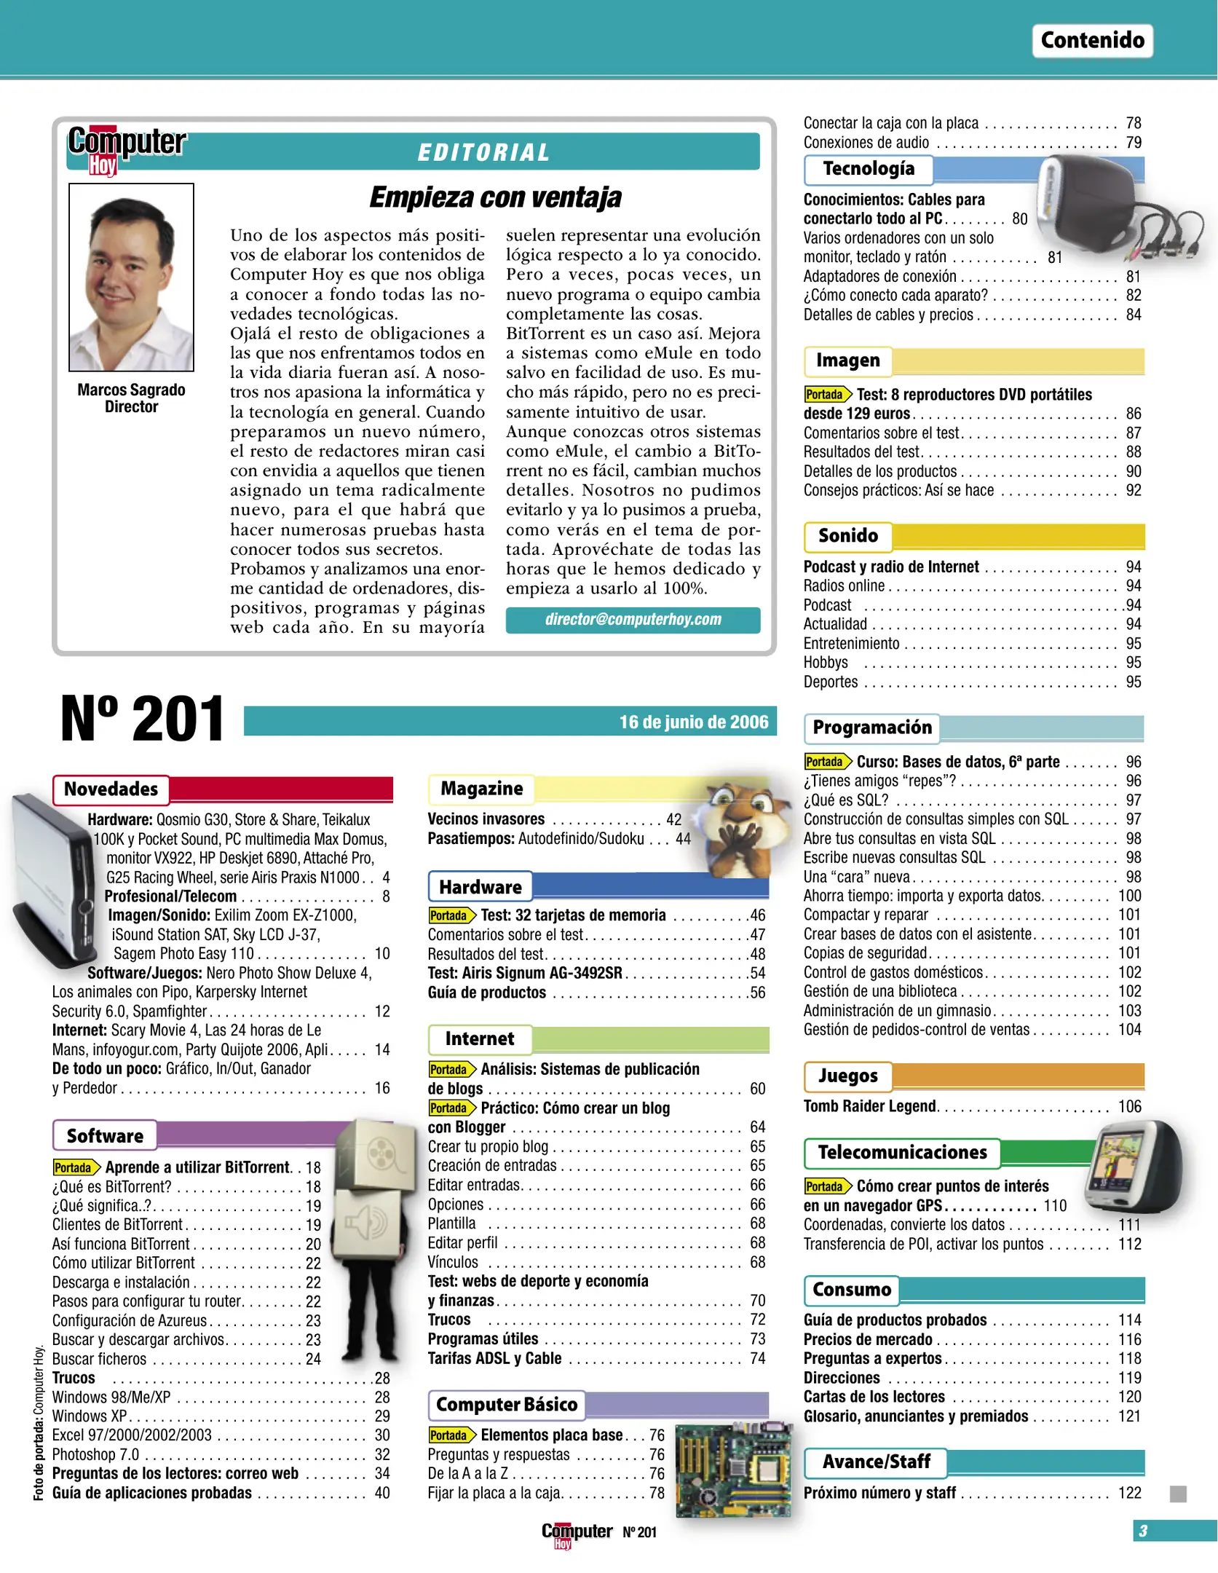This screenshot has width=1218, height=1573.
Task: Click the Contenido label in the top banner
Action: (1091, 40)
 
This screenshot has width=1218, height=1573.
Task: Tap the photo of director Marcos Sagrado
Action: (131, 277)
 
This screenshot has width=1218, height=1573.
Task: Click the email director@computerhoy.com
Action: (633, 620)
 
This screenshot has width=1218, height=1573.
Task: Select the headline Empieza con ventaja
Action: (495, 197)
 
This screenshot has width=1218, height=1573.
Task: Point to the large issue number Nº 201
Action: (143, 720)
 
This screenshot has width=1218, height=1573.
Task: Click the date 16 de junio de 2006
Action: (693, 722)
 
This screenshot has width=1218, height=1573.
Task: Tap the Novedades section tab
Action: (111, 789)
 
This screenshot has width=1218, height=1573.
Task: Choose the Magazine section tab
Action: (481, 789)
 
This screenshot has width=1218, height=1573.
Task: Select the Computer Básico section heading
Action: (507, 1404)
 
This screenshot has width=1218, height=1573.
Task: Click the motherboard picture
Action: (732, 1470)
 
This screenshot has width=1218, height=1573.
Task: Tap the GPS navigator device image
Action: (1134, 1166)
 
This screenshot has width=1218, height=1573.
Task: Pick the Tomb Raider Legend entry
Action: (869, 1106)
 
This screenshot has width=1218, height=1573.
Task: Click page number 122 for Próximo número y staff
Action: (1129, 1493)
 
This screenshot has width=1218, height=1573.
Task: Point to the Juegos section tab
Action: (847, 1076)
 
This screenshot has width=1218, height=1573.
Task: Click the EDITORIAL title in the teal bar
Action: (483, 152)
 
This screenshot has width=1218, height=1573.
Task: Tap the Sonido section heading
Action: (847, 536)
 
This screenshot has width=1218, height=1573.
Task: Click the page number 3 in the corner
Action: (1143, 1531)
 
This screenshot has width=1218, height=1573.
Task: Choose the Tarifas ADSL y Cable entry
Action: (494, 1358)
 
